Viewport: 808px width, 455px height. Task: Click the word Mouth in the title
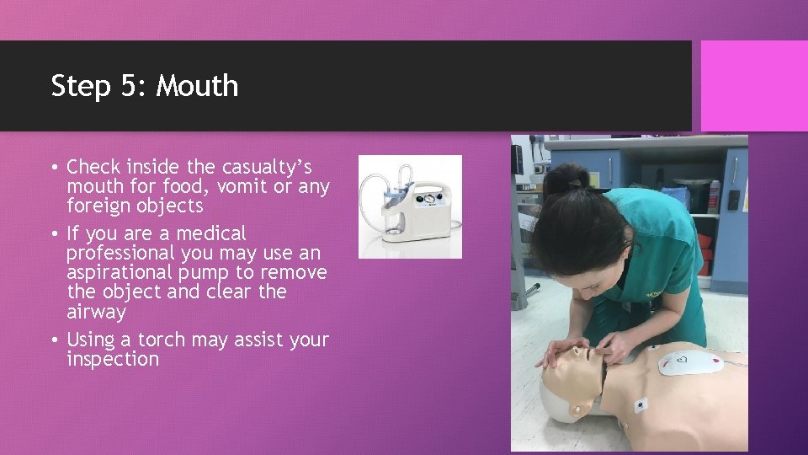point(198,86)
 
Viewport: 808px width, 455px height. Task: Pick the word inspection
point(113,359)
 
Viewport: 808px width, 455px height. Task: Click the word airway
point(96,312)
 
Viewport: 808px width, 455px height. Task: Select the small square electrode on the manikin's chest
point(641,404)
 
